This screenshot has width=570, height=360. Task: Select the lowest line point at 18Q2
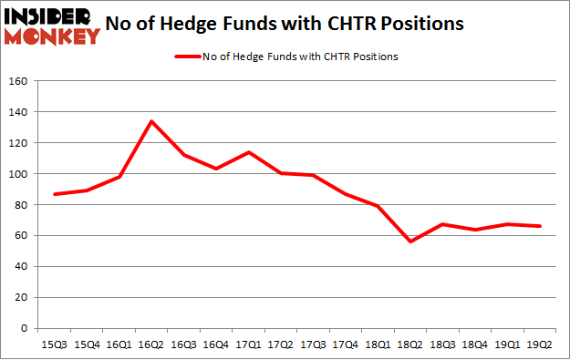[x=410, y=242]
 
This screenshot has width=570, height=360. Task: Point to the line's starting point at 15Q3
[x=55, y=194]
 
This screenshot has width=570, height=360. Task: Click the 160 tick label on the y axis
[x=19, y=81]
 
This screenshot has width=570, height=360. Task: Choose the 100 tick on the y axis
[x=19, y=174]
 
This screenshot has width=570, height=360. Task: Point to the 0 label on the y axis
[x=26, y=329]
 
